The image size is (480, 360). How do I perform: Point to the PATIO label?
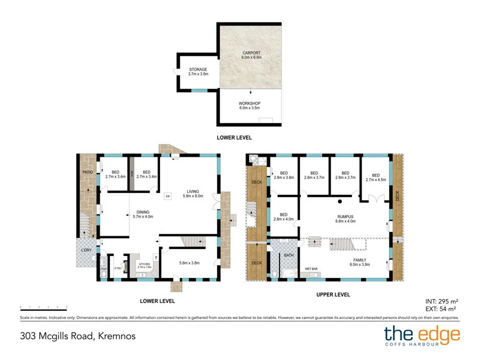click(x=87, y=172)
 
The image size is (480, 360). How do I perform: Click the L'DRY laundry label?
click(x=86, y=251)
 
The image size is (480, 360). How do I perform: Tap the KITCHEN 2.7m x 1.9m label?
click(x=144, y=265)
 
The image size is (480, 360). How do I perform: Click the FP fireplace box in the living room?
click(x=167, y=197)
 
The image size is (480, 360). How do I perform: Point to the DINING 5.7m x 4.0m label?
click(x=142, y=214)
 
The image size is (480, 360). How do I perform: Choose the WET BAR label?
click(x=312, y=268)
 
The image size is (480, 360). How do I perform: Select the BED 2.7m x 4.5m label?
click(x=375, y=178)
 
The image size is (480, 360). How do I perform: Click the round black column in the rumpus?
click(x=340, y=202)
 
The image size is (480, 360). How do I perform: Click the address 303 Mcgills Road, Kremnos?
click(x=78, y=336)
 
